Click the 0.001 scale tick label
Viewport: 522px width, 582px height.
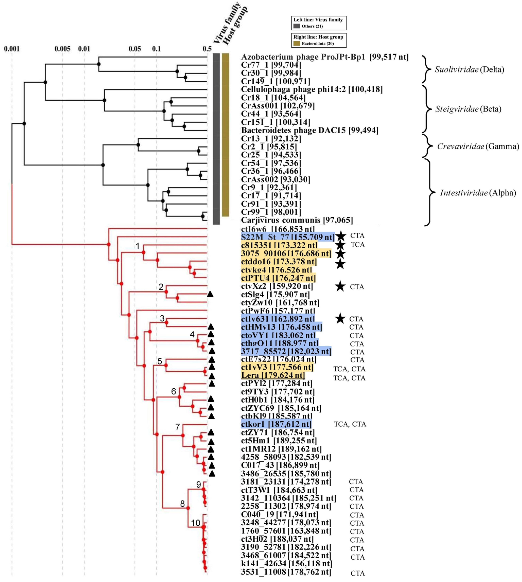tap(12, 49)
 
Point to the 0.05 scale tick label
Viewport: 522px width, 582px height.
tap(135, 49)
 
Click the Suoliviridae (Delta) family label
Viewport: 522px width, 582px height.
tap(469, 70)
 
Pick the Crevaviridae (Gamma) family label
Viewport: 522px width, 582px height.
tap(478, 147)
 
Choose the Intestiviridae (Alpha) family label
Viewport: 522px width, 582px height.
tap(478, 193)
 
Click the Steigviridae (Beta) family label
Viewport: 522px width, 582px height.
tap(468, 109)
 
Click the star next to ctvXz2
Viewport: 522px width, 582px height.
tap(340, 286)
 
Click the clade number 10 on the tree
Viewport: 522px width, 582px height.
tap(196, 523)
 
